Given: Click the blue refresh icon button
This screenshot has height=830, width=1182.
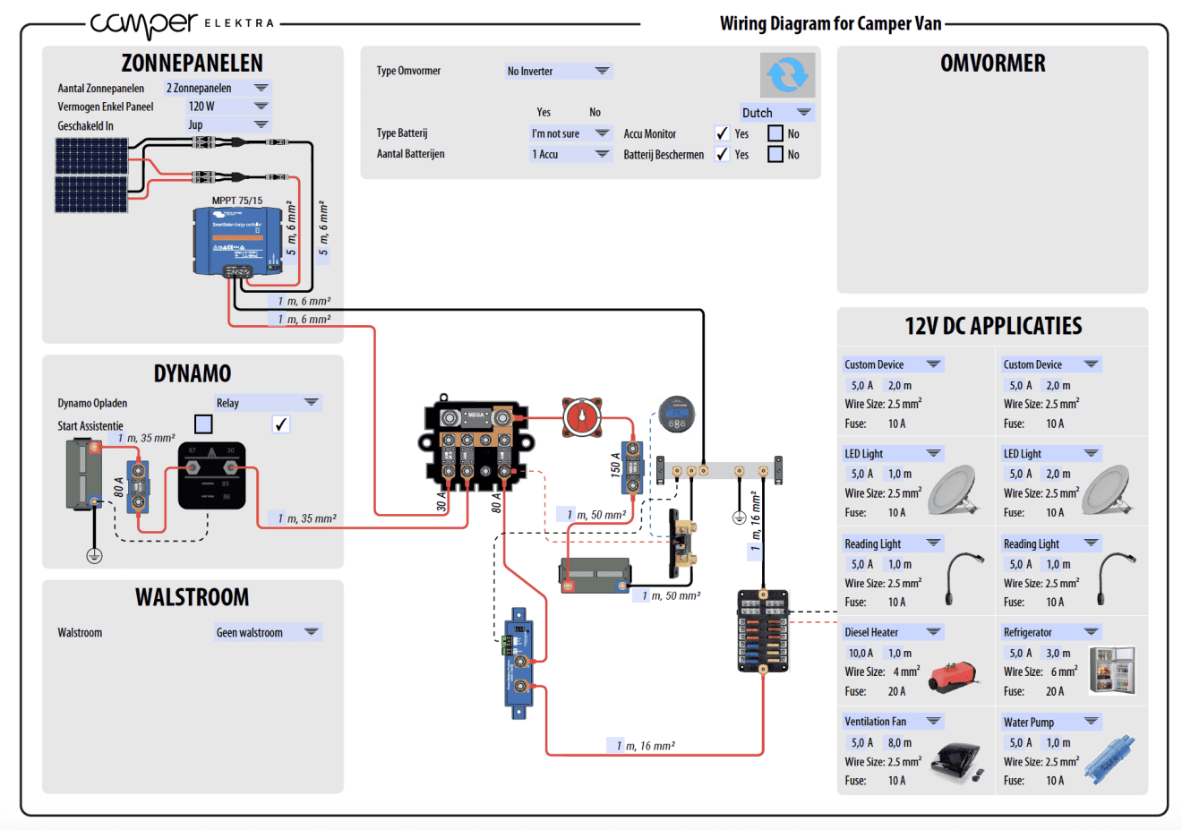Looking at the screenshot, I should point(787,75).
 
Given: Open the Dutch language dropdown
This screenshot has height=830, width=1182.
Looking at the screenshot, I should point(776,113).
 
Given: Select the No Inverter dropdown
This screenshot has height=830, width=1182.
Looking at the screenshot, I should point(558,71).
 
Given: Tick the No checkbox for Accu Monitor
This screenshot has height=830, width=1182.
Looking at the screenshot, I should point(775,133).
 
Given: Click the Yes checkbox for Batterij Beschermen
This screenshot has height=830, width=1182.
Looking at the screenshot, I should point(722,154).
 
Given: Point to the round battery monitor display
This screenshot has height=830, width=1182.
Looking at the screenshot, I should point(676,414).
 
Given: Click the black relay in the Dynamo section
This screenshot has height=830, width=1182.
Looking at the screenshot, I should point(211,475).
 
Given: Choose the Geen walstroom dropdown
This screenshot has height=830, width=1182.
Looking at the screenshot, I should point(267,632).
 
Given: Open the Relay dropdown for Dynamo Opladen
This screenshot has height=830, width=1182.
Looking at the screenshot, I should point(267,403).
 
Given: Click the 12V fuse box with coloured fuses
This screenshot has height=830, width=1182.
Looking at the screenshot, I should point(763,630).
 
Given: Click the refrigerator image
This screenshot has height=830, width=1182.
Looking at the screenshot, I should point(1112,670).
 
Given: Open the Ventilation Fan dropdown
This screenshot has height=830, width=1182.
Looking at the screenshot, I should point(892,721).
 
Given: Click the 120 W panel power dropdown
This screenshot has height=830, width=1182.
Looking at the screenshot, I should point(227,106).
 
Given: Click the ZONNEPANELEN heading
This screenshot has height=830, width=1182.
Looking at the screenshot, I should point(193,64).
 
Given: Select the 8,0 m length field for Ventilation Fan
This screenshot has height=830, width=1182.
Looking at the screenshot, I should point(900,742).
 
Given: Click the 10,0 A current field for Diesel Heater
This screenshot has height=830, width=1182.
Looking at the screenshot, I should point(860,653).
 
